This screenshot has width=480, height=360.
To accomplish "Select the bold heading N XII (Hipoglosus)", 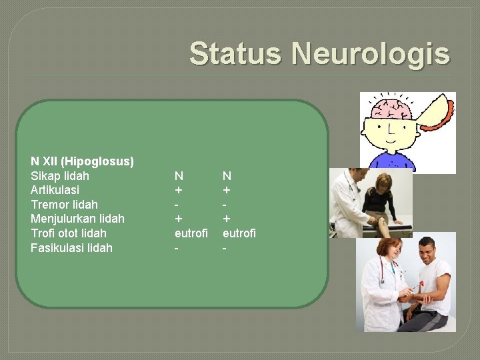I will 82,161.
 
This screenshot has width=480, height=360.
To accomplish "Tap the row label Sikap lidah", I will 60,176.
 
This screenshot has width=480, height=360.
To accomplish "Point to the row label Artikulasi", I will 55,190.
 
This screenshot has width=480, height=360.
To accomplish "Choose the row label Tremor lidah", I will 64,205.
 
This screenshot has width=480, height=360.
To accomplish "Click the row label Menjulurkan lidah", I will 77,219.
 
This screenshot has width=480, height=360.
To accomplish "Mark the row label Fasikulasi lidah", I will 71,248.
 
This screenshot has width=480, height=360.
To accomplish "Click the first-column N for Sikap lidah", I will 179,176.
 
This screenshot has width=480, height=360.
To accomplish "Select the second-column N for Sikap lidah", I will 227,176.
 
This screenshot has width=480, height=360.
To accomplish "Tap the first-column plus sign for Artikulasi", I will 178,190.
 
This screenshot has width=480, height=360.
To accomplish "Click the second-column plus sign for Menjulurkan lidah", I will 227,219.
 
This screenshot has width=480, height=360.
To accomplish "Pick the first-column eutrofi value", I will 191,233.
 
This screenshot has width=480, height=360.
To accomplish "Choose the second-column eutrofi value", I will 239,233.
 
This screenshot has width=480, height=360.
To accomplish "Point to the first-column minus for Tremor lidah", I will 177,205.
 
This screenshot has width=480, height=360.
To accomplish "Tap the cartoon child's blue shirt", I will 393,162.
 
